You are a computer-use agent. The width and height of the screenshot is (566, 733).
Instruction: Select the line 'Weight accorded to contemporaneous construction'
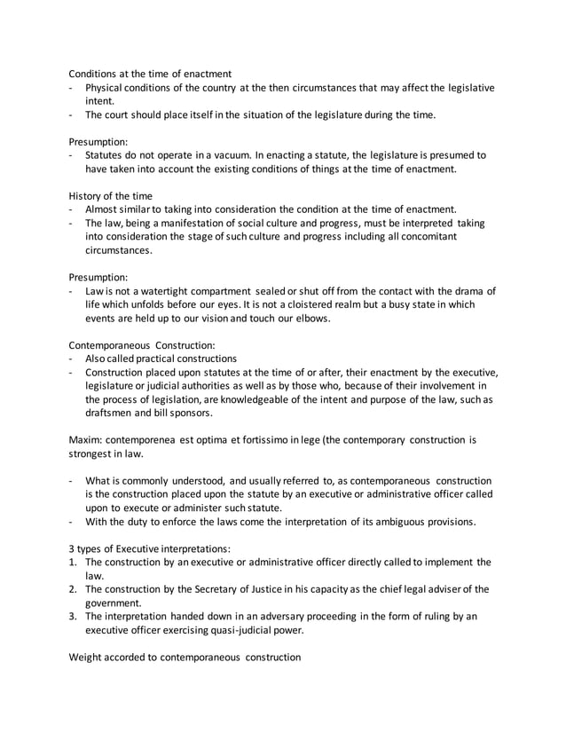coord(185,658)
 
